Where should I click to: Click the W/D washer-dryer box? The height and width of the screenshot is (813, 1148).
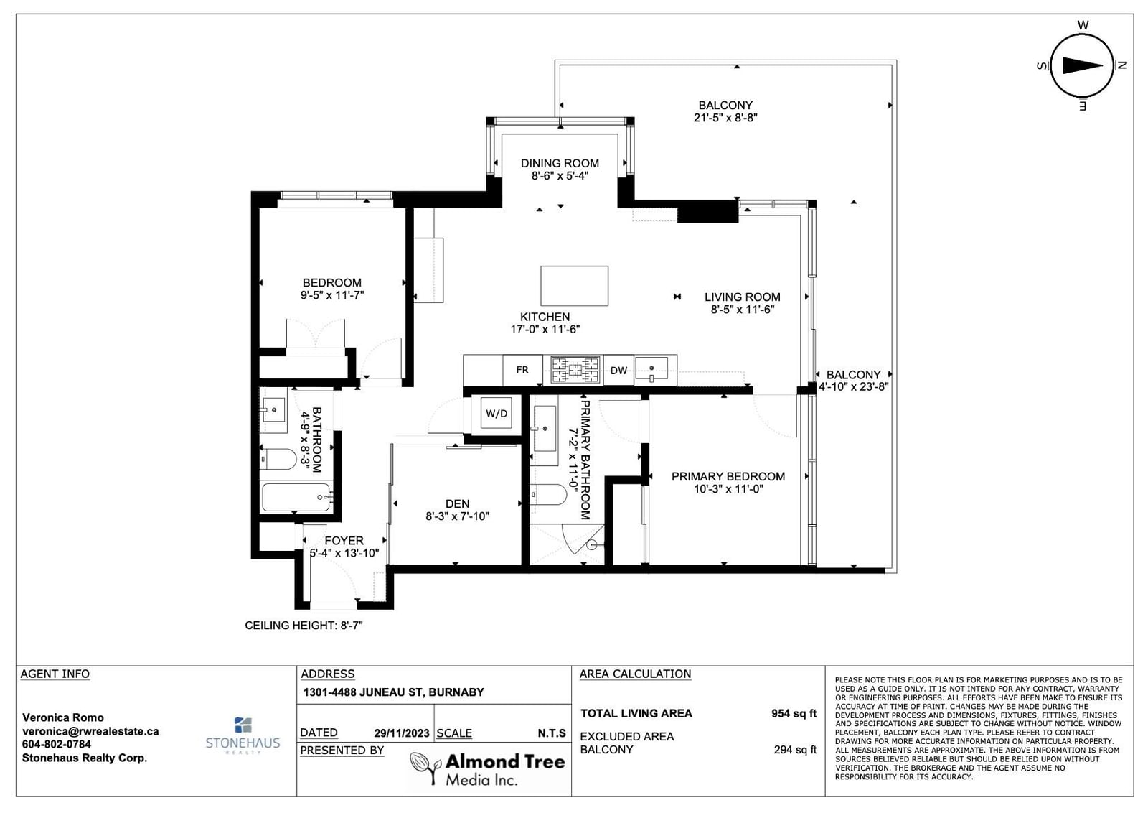tap(496, 413)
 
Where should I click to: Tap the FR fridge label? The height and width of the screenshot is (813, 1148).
tap(522, 370)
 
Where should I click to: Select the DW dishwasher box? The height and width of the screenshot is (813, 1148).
tap(618, 371)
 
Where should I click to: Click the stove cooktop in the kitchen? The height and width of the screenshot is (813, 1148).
tap(575, 370)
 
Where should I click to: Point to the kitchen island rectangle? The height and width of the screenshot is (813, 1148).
tap(575, 286)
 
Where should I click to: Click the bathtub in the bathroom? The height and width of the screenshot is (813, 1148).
tap(297, 497)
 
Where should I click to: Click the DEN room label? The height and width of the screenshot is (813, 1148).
tap(457, 503)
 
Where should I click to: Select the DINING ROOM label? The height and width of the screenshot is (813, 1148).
tap(560, 163)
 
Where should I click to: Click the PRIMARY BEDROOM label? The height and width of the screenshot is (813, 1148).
tap(728, 476)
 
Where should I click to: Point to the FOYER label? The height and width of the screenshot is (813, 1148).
tap(344, 541)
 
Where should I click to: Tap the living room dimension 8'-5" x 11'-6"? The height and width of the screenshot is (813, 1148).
tap(742, 310)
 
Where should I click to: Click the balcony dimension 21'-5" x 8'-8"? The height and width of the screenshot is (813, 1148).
tap(725, 118)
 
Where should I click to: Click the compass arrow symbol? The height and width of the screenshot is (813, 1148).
tap(1082, 65)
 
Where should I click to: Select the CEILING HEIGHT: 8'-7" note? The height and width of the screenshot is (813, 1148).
tap(304, 626)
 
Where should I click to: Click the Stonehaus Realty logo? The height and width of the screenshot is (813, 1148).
tap(243, 735)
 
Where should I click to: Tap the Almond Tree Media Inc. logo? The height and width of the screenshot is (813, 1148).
tap(487, 768)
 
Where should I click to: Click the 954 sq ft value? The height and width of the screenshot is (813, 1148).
tap(794, 713)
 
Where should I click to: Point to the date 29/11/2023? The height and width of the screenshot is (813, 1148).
tap(401, 733)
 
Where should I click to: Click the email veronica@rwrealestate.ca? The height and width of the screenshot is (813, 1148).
tap(90, 731)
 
